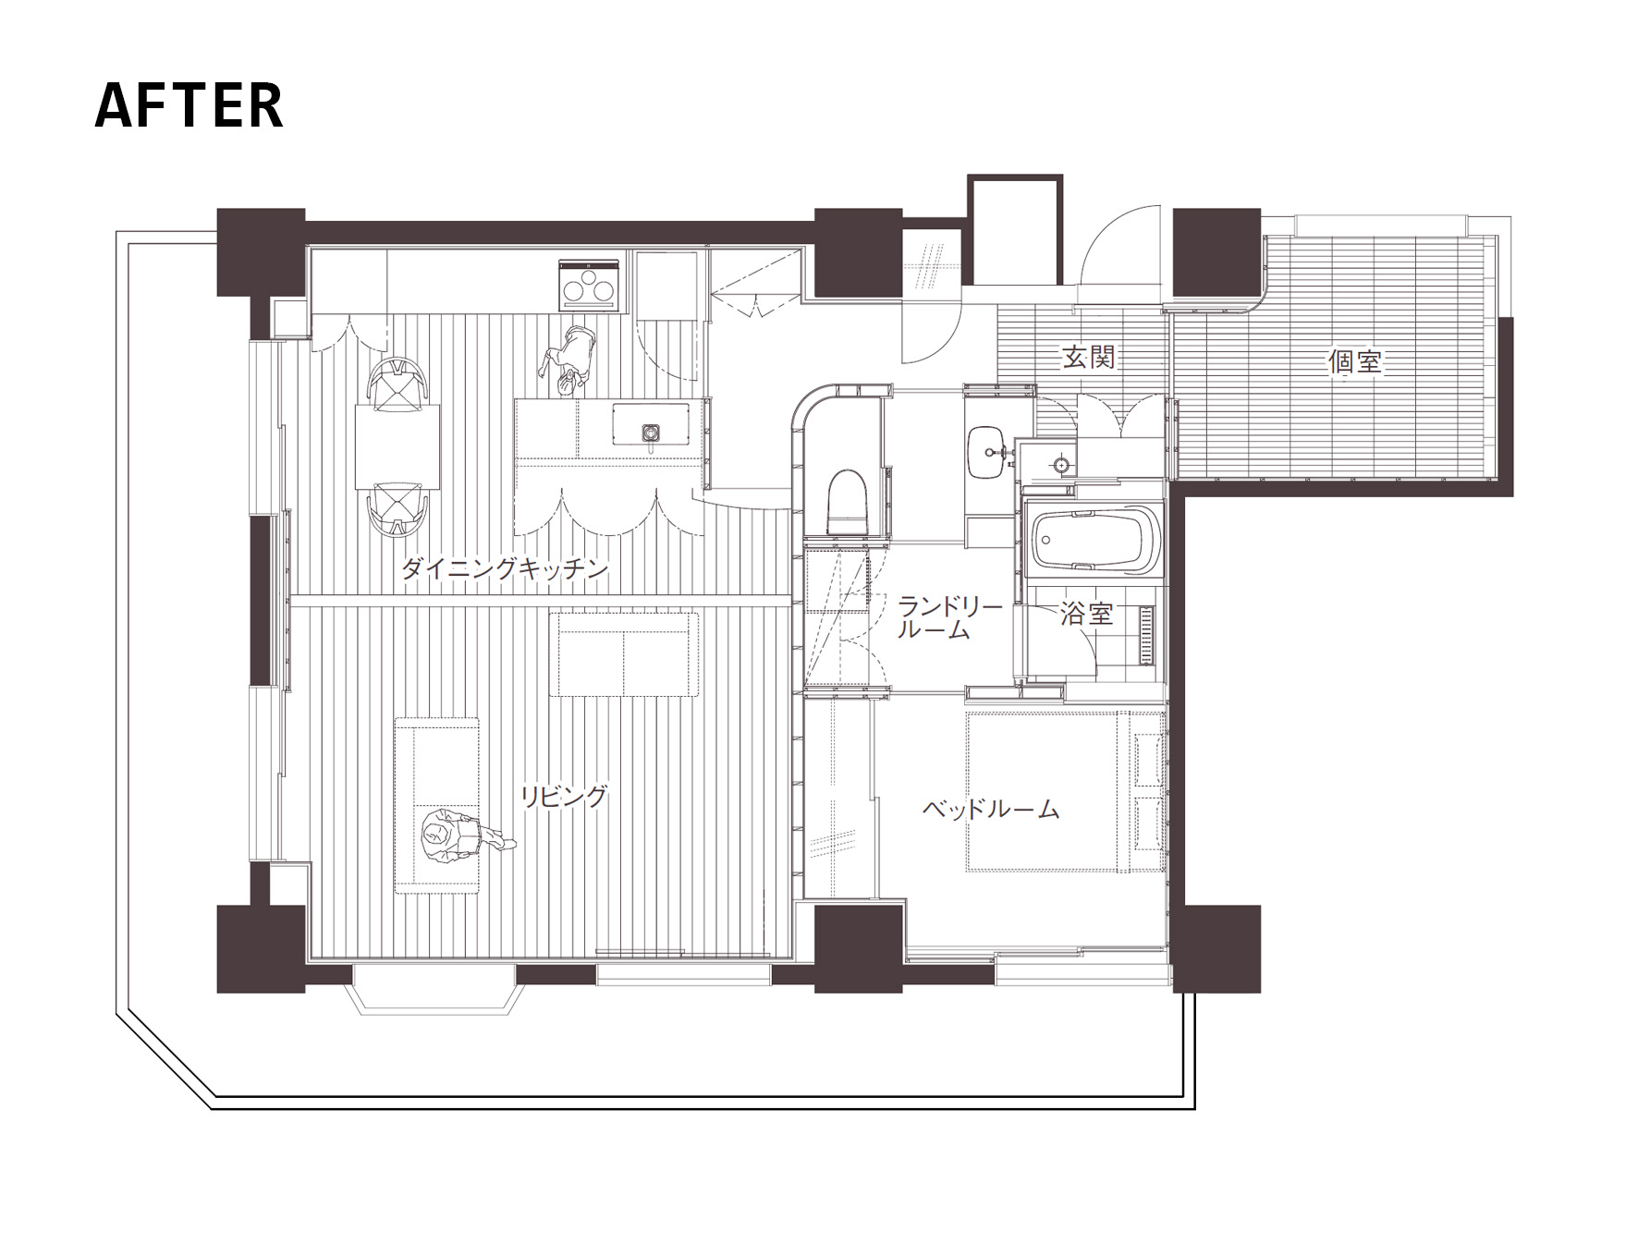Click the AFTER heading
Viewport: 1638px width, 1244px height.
point(189,104)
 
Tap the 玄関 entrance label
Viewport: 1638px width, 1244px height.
point(1089,357)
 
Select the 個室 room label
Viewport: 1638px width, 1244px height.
point(1355,360)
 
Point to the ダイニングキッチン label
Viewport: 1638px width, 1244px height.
point(505,568)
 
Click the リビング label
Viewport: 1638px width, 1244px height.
point(564,796)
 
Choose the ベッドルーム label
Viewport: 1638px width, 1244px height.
point(991,810)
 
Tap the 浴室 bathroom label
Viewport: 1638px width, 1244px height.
point(1086,613)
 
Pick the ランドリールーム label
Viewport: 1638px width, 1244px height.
point(949,618)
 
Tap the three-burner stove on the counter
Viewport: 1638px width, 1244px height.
point(589,286)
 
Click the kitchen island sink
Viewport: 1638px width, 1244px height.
point(652,433)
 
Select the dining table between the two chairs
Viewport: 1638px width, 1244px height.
point(397,448)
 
